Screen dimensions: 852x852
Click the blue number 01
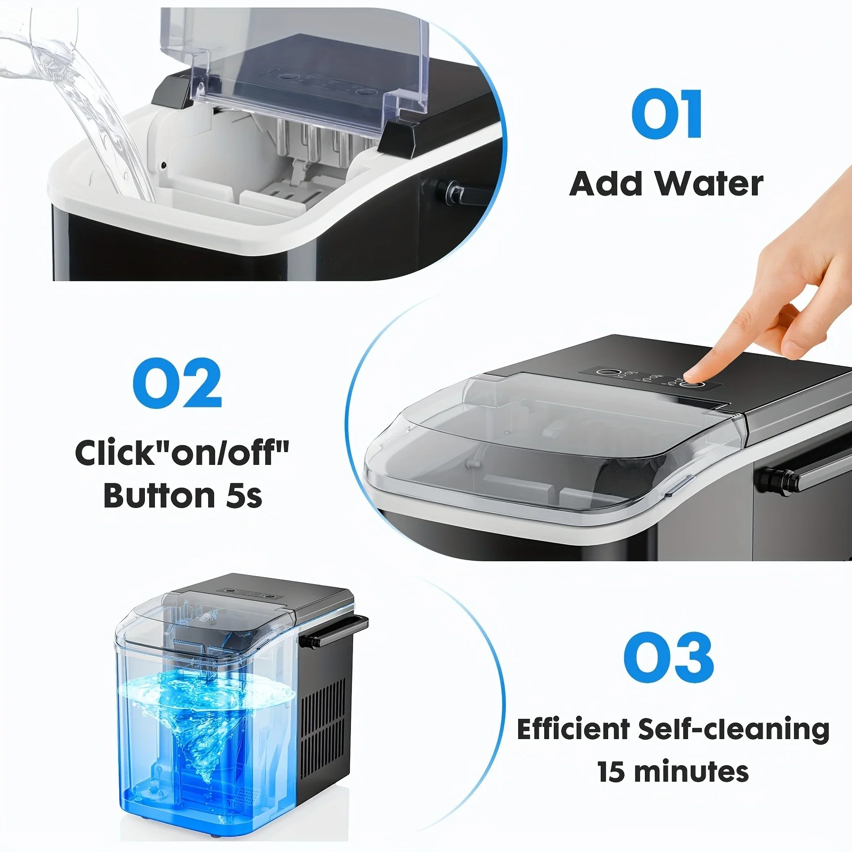[667, 114]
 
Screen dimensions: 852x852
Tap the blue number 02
[177, 383]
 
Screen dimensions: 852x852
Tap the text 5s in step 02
[244, 496]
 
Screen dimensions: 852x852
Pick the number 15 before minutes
[611, 772]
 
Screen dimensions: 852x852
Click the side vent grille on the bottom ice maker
[323, 719]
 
